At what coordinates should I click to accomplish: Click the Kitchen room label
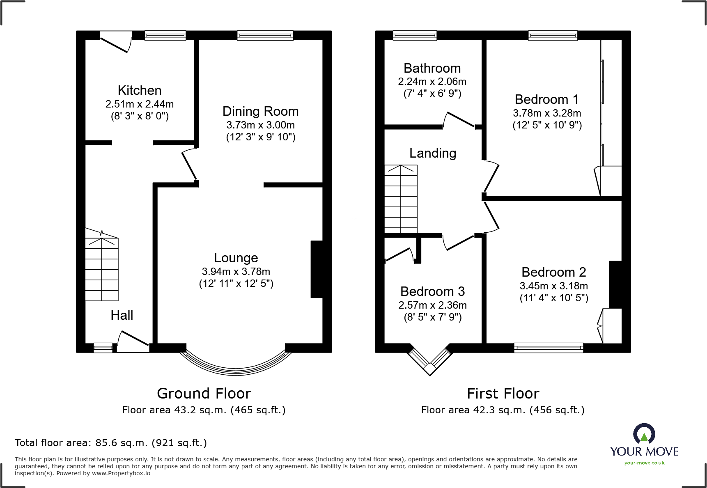coord(139,90)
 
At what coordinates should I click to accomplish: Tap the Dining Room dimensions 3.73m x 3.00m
coord(260,125)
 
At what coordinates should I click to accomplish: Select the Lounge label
coord(236,258)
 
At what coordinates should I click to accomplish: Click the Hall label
coord(122,315)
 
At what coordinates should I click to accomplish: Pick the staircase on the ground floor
coord(101,267)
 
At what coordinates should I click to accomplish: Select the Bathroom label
coord(432,68)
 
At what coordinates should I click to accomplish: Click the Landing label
coord(433,153)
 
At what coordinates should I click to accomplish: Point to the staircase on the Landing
coord(401,199)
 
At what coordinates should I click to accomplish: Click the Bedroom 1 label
coord(546,99)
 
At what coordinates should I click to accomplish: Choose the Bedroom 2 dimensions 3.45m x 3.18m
coord(553,286)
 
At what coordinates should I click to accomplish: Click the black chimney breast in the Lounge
coord(317,269)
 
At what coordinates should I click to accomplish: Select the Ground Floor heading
coord(204,394)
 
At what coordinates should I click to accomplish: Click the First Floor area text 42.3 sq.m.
coord(503,410)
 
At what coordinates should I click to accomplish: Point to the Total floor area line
coord(111,443)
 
